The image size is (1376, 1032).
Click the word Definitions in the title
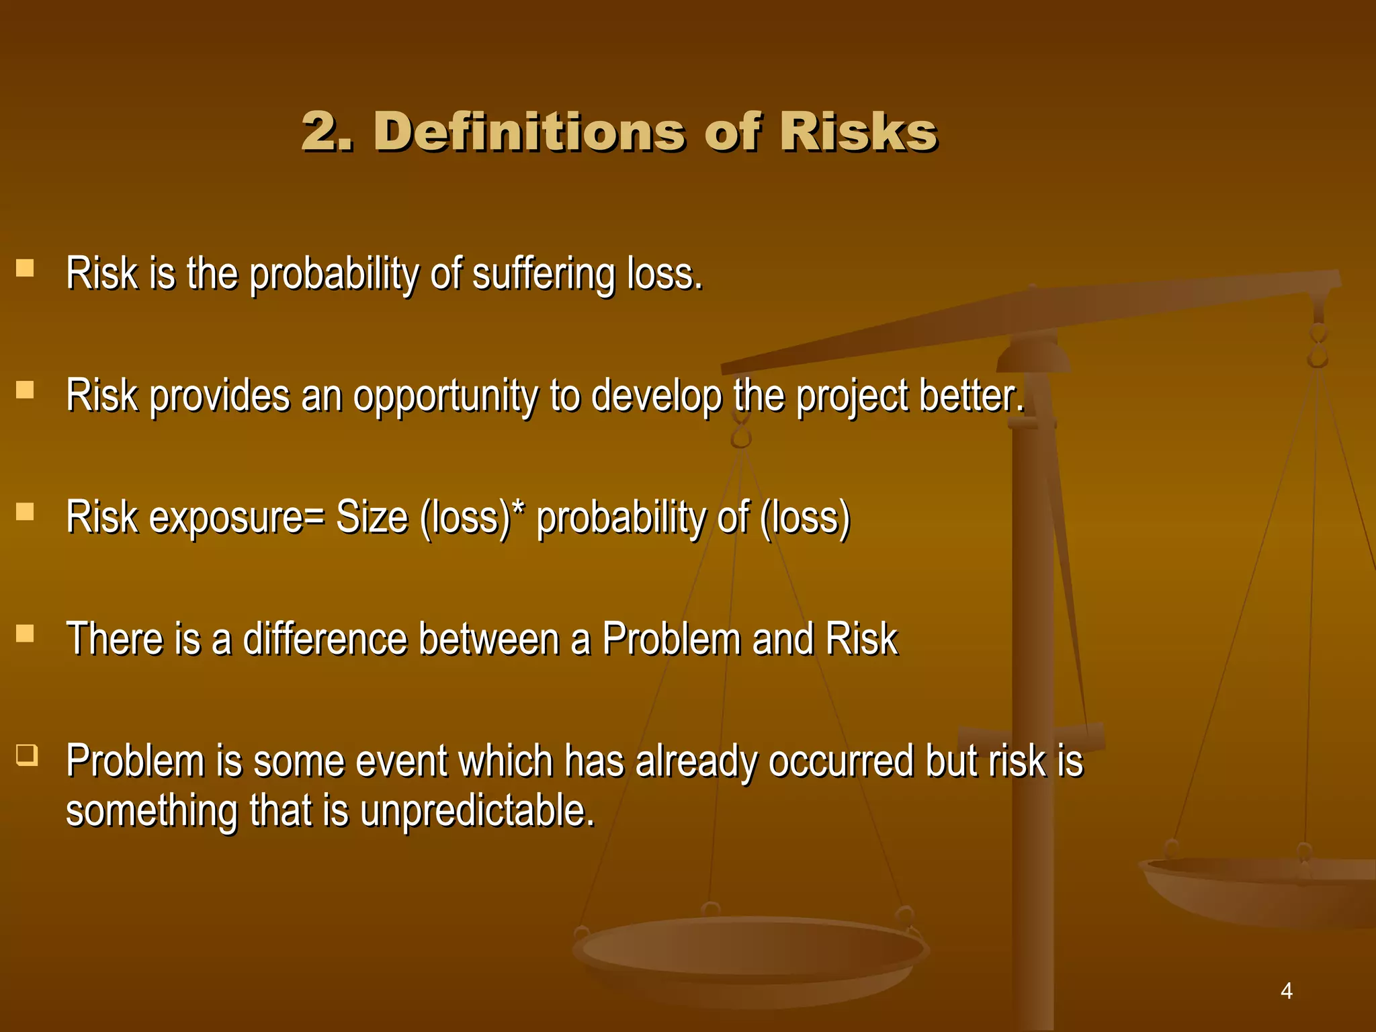click(x=534, y=132)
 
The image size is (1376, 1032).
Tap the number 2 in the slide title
click(x=320, y=132)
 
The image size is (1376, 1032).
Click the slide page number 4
click(x=1286, y=990)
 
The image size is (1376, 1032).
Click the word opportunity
click(x=445, y=396)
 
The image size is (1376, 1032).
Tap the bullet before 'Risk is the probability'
click(x=25, y=269)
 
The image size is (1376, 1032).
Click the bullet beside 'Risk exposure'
click(x=25, y=512)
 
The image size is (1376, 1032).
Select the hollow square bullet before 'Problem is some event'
click(x=27, y=755)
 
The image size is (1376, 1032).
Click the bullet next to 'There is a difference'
click(x=25, y=634)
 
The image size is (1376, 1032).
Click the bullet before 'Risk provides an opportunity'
click(x=25, y=390)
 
